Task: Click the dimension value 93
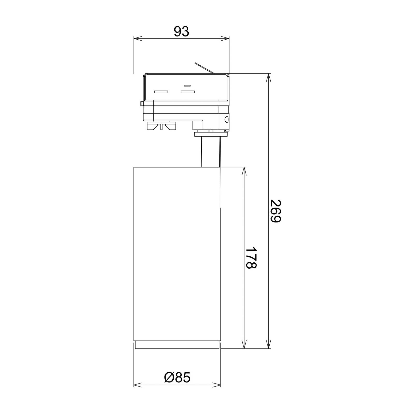pyautogui.click(x=181, y=32)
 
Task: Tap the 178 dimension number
pyautogui.click(x=250, y=258)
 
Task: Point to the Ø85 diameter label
pyautogui.click(x=177, y=378)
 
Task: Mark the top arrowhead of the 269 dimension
pyautogui.click(x=269, y=78)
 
